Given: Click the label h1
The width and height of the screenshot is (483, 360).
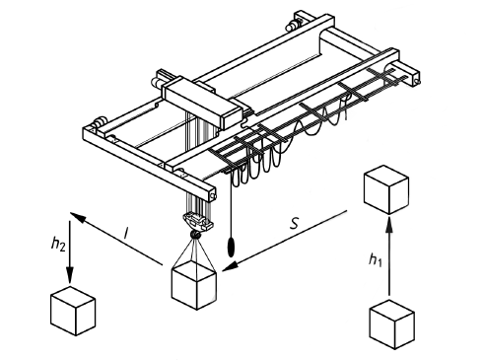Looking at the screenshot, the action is coord(376,260).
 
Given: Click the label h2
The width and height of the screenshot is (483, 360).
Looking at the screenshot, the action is coord(58,244).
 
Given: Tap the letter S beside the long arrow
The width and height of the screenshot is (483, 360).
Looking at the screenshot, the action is coord(295,223).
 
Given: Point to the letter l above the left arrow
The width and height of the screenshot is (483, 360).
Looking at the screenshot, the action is coord(126,233).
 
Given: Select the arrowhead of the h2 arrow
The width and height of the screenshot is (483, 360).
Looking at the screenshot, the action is coord(70,274).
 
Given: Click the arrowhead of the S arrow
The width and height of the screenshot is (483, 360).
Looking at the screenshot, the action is coord(231,265).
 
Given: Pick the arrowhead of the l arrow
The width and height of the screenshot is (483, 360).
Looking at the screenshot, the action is coord(78,217).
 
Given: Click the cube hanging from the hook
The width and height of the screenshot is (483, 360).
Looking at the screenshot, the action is coord(194,285).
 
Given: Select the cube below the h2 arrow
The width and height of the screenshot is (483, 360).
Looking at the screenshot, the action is coord(73,311).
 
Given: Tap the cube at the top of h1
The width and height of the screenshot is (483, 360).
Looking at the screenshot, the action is coord(386,189).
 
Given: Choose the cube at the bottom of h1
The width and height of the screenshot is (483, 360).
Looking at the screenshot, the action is coord(391,324).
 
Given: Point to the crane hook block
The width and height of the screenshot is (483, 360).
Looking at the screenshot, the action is coord(196,225).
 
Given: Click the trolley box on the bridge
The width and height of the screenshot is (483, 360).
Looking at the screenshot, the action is coord(201,102).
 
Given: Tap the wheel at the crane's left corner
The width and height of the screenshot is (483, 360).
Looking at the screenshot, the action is coord(99,123).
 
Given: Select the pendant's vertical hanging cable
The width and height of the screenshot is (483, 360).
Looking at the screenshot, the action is coord(232,205).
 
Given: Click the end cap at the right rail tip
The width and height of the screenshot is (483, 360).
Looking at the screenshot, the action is coord(417,79).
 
